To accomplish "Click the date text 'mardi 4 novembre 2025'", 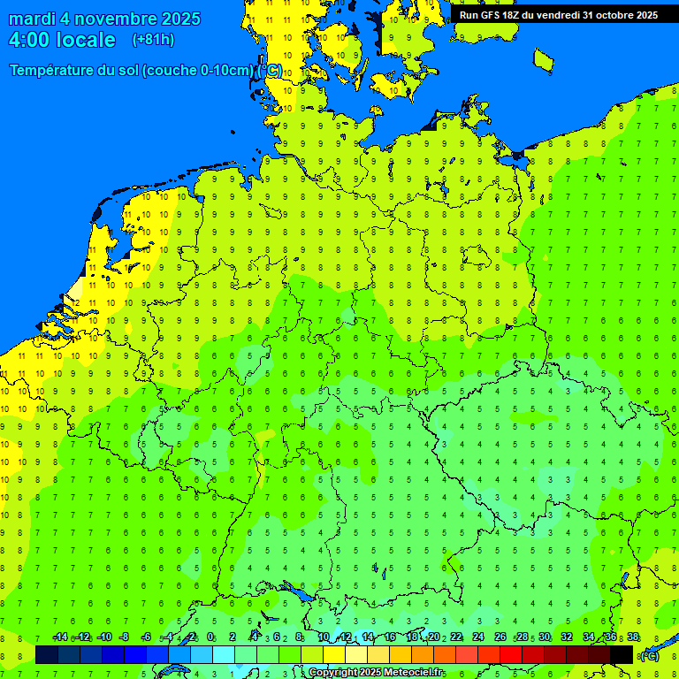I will pyautogui.click(x=104, y=19).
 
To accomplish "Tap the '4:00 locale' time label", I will pyautogui.click(x=62, y=40).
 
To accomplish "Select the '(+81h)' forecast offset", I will pyautogui.click(x=153, y=40).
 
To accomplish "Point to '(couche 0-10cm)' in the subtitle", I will pyautogui.click(x=198, y=70).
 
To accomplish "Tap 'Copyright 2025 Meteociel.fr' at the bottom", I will pyautogui.click(x=376, y=673).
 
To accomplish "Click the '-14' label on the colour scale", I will pyautogui.click(x=60, y=637).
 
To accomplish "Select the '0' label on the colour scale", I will pyautogui.click(x=211, y=637).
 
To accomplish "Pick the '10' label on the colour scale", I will pyautogui.click(x=324, y=637).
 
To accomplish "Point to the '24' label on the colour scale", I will pyautogui.click(x=478, y=637).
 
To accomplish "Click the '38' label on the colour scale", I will pyautogui.click(x=633, y=637).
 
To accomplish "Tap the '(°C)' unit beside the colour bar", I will pyautogui.click(x=649, y=655).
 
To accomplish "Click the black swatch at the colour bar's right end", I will pyautogui.click(x=622, y=654).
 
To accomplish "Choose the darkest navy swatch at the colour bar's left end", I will pyautogui.click(x=47, y=654).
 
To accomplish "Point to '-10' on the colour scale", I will pyautogui.click(x=103, y=637).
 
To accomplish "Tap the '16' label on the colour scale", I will pyautogui.click(x=390, y=637).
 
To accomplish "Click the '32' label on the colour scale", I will pyautogui.click(x=567, y=637).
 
